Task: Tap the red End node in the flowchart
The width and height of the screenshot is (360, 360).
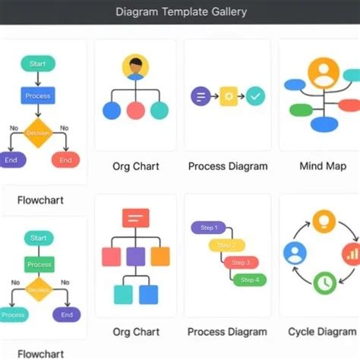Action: (65, 160)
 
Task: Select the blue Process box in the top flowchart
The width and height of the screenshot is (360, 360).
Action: (37, 96)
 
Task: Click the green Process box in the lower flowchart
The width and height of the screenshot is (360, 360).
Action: (38, 264)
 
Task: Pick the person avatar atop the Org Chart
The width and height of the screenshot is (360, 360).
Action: (135, 68)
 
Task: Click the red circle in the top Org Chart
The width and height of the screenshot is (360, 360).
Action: (135, 110)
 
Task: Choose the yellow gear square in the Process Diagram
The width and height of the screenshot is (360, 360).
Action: (229, 96)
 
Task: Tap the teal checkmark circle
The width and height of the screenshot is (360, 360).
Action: (256, 96)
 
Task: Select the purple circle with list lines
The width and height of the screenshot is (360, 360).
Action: (200, 96)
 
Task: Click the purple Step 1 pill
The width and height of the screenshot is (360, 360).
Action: (208, 228)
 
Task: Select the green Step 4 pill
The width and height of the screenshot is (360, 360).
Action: (248, 279)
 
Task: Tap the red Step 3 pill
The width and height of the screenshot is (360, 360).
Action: (239, 262)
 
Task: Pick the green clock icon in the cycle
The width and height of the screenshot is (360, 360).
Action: (324, 283)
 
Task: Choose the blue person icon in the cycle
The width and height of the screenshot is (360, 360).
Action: (295, 253)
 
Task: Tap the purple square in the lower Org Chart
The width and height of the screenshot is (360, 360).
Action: (136, 256)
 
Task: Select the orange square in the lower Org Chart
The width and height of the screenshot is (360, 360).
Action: (159, 256)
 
